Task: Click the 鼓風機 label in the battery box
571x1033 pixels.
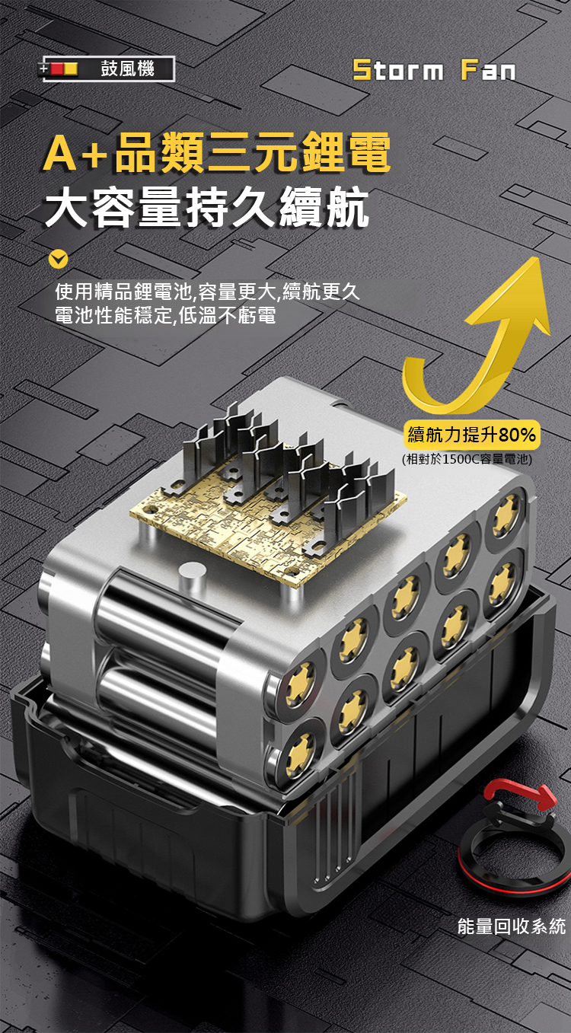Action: (x=127, y=69)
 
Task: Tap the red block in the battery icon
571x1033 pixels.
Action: (x=57, y=69)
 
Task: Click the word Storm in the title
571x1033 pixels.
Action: (x=398, y=71)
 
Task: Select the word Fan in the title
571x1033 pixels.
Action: (x=489, y=71)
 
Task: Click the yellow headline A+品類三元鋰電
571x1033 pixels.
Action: (x=217, y=151)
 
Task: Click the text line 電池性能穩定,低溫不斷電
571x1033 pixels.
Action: (x=165, y=315)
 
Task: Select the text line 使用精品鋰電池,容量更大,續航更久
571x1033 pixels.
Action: (x=207, y=292)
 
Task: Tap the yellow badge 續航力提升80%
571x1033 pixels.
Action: (x=471, y=435)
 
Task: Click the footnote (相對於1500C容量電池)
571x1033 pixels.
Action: (x=467, y=459)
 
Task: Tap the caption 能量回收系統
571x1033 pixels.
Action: (x=512, y=926)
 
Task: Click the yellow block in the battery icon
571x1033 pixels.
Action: (x=70, y=69)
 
